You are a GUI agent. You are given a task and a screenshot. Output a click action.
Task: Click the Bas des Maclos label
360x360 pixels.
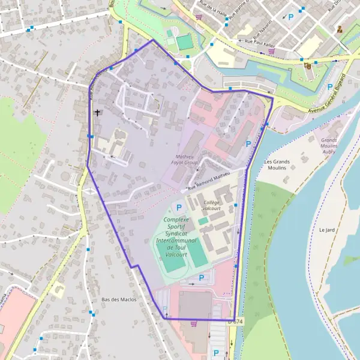[x=119, y=299]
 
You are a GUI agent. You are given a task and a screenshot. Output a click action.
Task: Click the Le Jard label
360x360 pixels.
[x=326, y=230]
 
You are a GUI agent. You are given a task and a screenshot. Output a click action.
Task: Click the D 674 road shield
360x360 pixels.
[x=236, y=322]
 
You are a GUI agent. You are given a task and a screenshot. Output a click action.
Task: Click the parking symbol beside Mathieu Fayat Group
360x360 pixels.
[x=248, y=144]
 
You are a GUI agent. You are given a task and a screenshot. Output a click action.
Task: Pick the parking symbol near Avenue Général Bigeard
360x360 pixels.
[x=330, y=86]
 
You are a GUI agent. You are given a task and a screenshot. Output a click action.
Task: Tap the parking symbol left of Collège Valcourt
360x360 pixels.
[x=177, y=207]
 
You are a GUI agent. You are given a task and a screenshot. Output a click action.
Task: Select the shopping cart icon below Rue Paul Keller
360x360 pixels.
[x=271, y=52]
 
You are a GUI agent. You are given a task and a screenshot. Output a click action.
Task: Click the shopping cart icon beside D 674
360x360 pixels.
[x=193, y=323]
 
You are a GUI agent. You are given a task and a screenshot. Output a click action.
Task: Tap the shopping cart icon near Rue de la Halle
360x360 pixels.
[x=198, y=17]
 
